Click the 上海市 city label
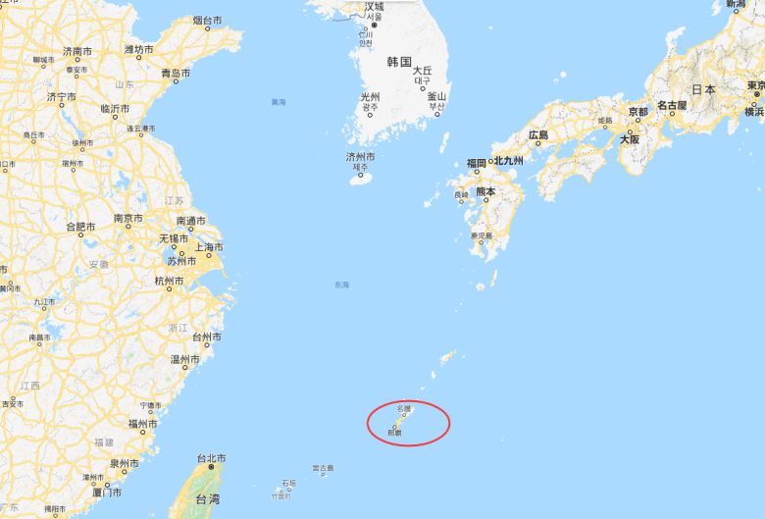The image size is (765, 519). click(x=208, y=247)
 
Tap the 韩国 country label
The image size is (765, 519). click(x=398, y=62)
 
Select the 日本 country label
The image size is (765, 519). click(x=702, y=89)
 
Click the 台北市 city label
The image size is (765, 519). click(x=211, y=458)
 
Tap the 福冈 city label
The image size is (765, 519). click(x=477, y=162)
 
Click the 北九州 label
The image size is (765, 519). click(x=508, y=161)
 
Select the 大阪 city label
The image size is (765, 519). click(x=630, y=139)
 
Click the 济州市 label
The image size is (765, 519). click(x=360, y=157)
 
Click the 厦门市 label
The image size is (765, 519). click(x=107, y=491)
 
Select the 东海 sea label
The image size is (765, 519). click(x=340, y=285)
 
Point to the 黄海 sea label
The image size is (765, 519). click(x=279, y=102)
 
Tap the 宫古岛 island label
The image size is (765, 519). click(x=323, y=469)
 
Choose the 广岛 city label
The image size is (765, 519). click(x=537, y=134)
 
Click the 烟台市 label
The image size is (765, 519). click(x=207, y=20)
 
